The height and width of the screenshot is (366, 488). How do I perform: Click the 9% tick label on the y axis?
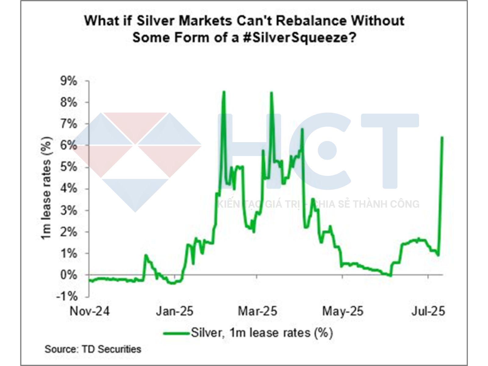[x=69, y=81]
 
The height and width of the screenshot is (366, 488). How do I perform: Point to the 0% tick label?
[x=69, y=275]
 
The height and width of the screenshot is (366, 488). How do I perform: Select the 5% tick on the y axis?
[x=69, y=167]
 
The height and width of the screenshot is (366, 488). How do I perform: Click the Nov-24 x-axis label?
[x=89, y=311]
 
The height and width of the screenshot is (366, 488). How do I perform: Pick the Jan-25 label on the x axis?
[x=174, y=311]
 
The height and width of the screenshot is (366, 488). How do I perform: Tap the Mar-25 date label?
[x=257, y=311]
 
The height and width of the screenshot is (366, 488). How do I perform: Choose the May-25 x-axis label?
[x=343, y=311]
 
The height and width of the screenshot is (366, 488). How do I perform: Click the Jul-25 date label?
[x=428, y=311]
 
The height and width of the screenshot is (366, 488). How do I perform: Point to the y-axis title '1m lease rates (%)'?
[x=46, y=188]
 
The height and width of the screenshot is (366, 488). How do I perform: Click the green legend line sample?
[x=176, y=333]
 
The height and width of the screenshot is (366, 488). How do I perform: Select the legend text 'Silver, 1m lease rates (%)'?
[x=262, y=332]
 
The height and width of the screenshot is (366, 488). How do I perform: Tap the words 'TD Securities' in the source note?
[x=112, y=349]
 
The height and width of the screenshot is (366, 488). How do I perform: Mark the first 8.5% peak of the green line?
[x=224, y=91]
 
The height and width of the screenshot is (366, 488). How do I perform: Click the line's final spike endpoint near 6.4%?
[x=442, y=137]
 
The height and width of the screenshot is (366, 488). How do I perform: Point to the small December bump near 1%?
[x=146, y=255]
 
